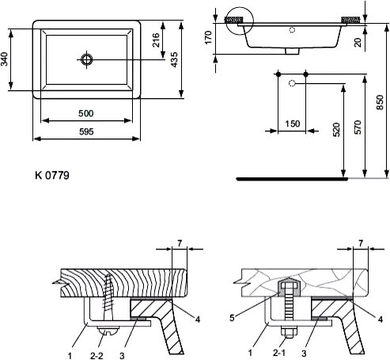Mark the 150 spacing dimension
click(x=293, y=123)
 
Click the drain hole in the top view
click(x=87, y=59)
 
